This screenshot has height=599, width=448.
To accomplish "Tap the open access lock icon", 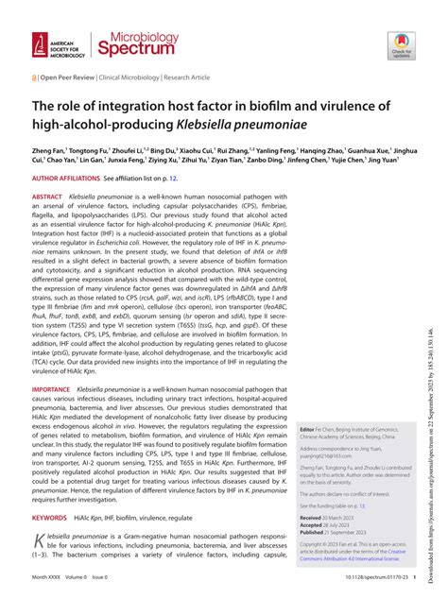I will pyautogui.click(x=35, y=80).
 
